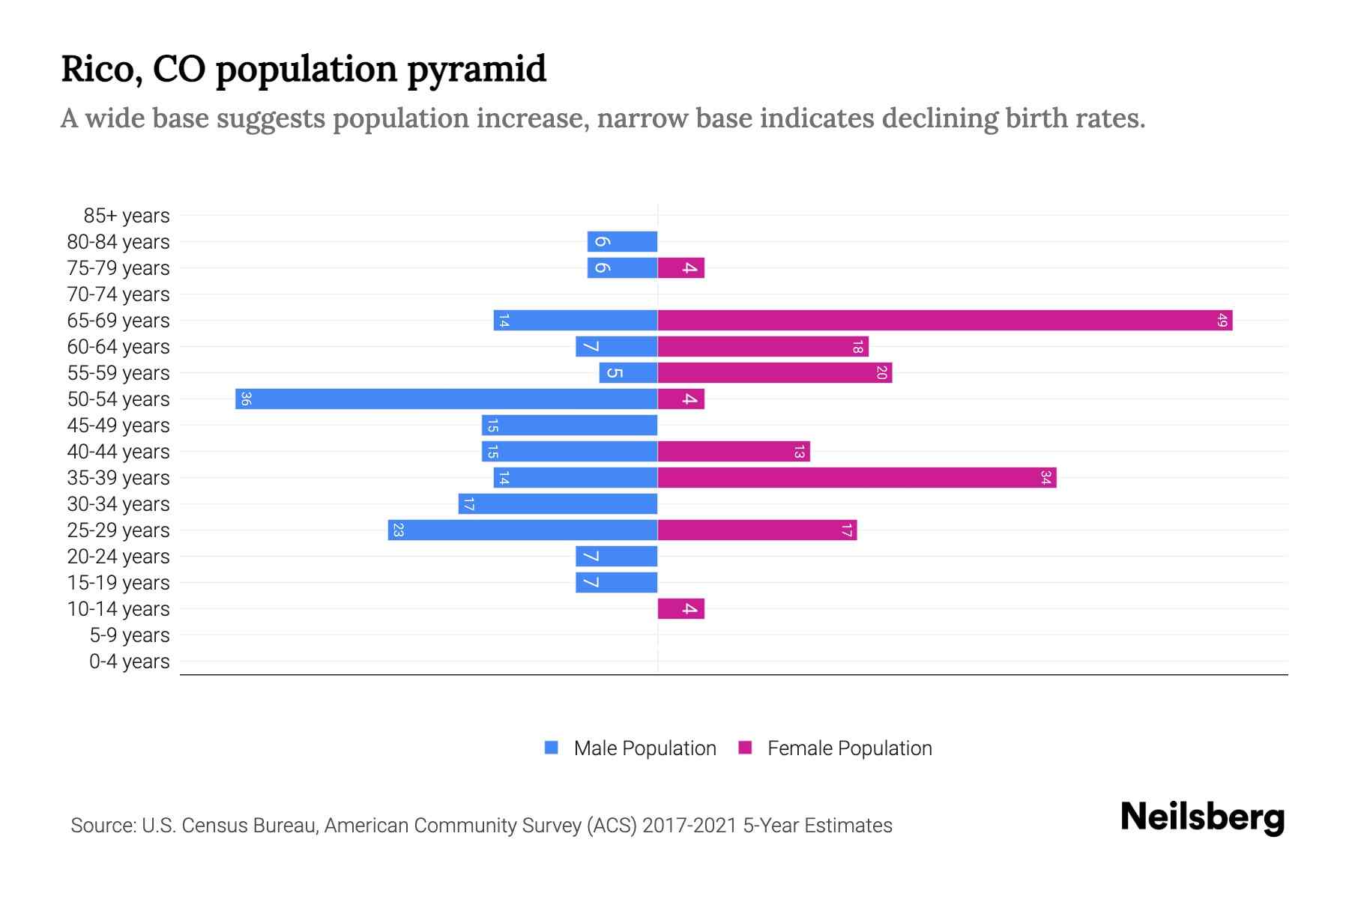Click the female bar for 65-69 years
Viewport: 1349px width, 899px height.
point(944,321)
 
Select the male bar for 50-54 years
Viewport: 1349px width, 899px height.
point(447,399)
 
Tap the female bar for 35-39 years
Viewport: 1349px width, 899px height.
point(857,478)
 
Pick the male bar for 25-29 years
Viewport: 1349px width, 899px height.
point(523,530)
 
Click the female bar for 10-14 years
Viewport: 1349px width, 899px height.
point(680,609)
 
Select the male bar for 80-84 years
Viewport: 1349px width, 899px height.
point(622,242)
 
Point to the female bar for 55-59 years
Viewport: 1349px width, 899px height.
point(775,373)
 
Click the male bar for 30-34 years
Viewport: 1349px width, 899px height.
point(558,504)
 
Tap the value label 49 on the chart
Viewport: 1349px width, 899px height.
point(1222,321)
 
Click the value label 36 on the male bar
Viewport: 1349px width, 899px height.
point(246,399)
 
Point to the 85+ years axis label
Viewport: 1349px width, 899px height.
point(127,216)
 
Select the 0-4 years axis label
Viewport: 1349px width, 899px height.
point(130,662)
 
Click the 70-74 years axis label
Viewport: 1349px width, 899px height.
point(118,294)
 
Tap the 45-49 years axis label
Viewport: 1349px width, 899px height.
point(118,426)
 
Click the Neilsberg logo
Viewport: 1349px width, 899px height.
point(1202,817)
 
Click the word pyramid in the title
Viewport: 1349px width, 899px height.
point(477,70)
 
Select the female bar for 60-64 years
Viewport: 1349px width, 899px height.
point(763,347)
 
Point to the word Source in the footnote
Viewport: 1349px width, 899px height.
point(102,826)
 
